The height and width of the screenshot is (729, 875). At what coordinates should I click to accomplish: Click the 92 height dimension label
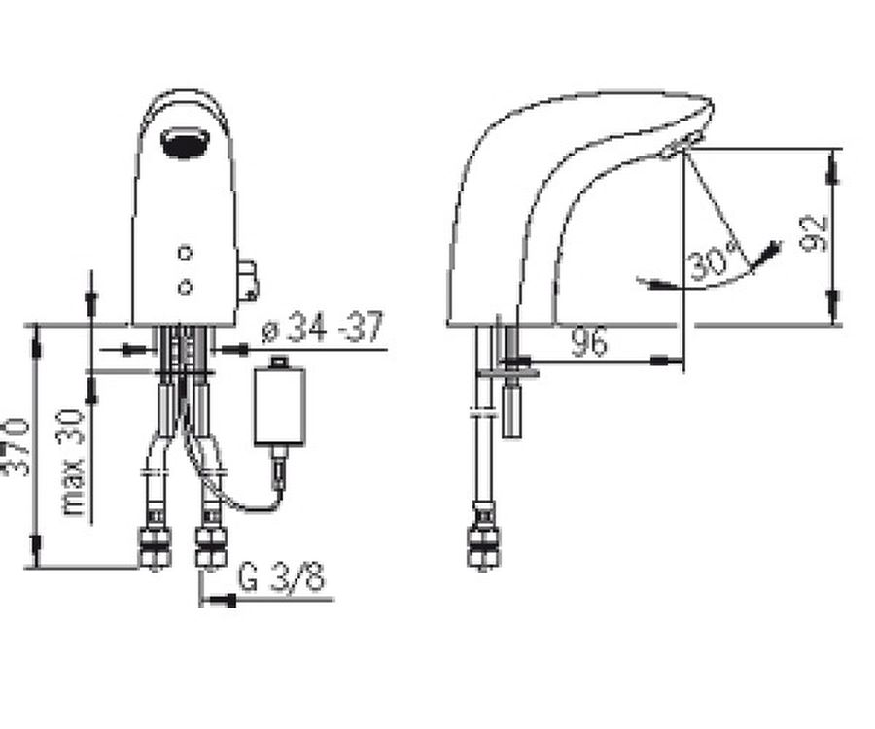pos(814,232)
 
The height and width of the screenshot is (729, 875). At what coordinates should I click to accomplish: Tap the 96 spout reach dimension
pos(589,341)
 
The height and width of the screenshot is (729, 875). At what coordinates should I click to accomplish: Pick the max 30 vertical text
pos(73,463)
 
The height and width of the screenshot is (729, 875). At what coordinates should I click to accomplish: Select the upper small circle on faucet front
pos(186,254)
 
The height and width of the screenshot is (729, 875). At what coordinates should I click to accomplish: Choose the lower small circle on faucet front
pos(186,288)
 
